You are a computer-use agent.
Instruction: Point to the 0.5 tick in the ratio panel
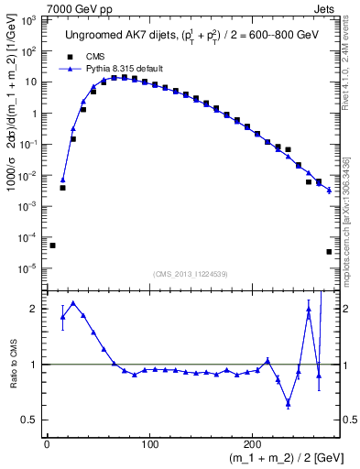tap(32, 420)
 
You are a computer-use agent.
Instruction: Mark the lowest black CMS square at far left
tap(52, 245)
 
